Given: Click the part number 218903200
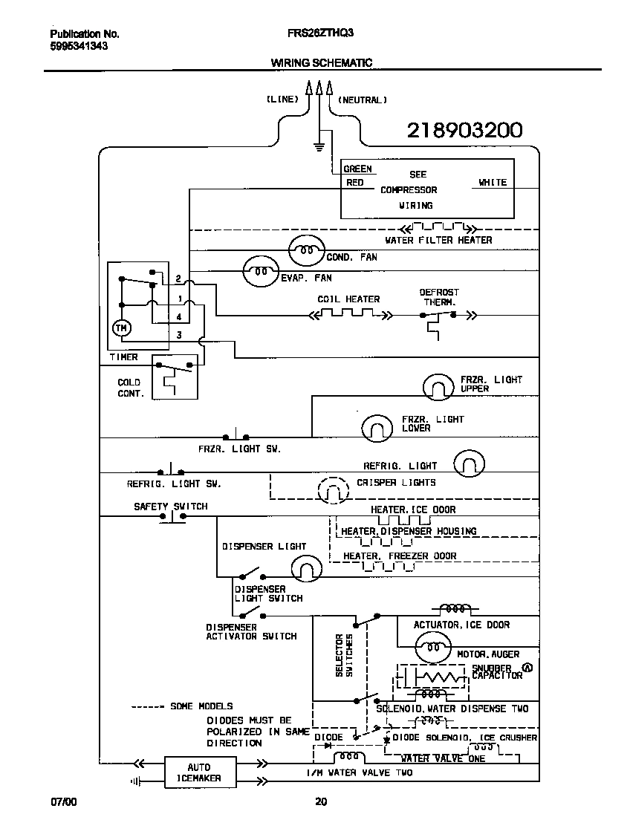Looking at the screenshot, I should (x=464, y=131).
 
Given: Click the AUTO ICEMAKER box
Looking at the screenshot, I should (x=199, y=772).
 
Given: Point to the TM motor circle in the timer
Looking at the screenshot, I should (x=120, y=327).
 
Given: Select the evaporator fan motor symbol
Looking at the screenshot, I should (x=261, y=272).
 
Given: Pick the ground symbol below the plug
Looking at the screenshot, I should (x=319, y=146).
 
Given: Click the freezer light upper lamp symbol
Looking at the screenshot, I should (x=438, y=385).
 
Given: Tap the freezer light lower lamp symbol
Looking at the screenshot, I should (x=377, y=427).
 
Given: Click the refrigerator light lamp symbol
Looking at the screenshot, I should (x=469, y=463).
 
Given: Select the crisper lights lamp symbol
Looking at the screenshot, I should (x=333, y=489).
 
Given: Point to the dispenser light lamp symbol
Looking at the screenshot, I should (x=305, y=569).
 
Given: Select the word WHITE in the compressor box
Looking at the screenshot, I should (x=492, y=182).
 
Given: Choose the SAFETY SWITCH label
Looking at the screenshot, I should (x=170, y=507).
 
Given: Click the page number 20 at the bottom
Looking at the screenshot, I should (x=320, y=801).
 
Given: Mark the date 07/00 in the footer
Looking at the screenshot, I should (x=63, y=801).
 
